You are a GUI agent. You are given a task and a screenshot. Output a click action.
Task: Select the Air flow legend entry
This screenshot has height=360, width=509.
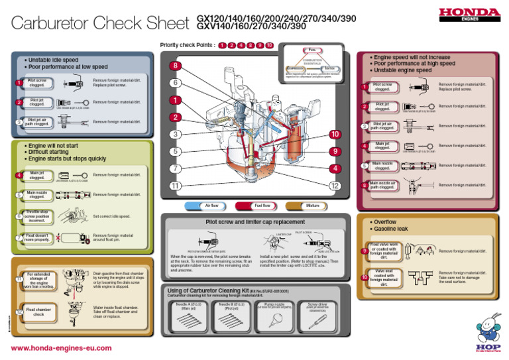click(x=212, y=206)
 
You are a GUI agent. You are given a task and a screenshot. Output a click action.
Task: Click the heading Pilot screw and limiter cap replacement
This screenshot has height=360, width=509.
click(x=255, y=223)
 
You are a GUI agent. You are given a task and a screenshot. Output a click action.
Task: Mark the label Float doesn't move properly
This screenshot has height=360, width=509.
click(x=37, y=237)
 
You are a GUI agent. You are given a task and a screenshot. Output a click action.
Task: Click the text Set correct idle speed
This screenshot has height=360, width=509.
click(x=111, y=217)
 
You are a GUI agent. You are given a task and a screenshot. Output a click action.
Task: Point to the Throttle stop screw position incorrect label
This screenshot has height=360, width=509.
click(x=37, y=216)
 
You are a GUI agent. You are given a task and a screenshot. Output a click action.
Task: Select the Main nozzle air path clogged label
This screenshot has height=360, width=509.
click(x=382, y=185)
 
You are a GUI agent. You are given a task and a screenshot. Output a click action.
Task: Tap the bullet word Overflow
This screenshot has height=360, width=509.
click(x=386, y=221)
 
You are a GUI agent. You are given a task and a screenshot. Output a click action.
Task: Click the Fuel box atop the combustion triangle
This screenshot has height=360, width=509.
click(x=311, y=48)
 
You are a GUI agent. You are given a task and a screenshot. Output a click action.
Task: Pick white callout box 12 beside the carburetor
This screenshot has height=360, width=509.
click(x=336, y=186)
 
